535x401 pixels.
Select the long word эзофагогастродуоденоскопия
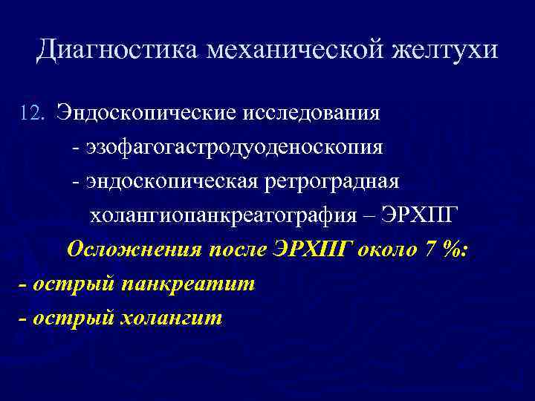click(235, 147)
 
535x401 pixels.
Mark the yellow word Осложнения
click(133, 250)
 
